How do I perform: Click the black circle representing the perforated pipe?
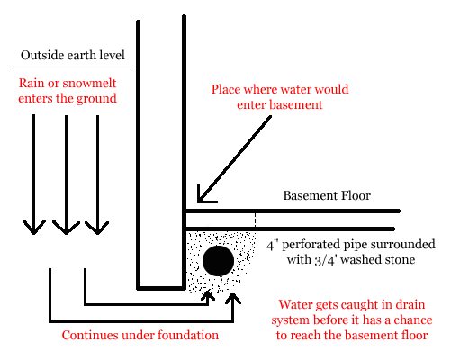(219, 261)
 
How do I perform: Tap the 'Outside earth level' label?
(73, 55)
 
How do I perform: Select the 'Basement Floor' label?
(327, 195)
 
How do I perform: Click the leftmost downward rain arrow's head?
(34, 229)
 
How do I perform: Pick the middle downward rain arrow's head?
(66, 229)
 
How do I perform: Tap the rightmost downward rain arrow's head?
(97, 229)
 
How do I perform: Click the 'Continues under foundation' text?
(140, 335)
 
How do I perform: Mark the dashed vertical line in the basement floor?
(256, 220)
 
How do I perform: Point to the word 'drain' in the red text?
(410, 304)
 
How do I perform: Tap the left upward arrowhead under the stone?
(208, 294)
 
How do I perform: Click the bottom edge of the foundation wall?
(161, 288)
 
